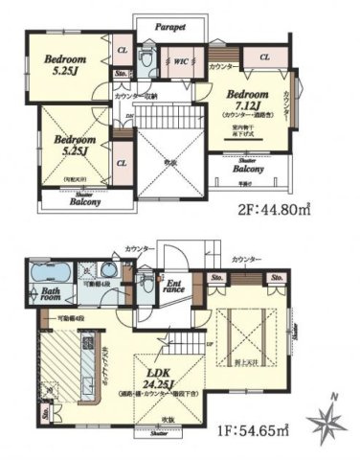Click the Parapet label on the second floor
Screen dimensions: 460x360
(169, 28)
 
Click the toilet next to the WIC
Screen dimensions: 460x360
(144, 60)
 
